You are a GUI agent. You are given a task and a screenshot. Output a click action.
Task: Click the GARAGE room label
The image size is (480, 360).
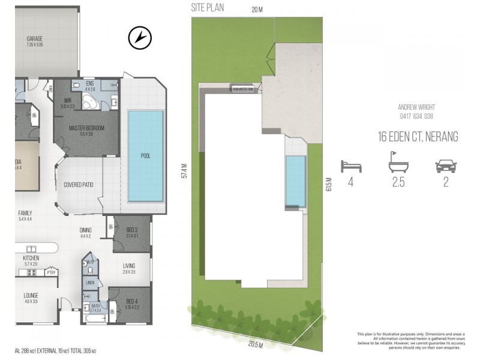point(34,39)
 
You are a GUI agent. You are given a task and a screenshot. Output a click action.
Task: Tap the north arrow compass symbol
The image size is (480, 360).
point(138,38)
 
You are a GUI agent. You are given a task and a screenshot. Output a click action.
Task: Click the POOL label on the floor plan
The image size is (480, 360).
point(145,155)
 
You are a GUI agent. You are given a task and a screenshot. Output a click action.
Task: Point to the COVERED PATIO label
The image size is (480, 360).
point(79,185)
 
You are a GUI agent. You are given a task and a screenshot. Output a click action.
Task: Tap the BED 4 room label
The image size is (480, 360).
point(133,301)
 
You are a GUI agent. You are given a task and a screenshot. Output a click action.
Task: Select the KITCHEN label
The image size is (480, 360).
point(31,258)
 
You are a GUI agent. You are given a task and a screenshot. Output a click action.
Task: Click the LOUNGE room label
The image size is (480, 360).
point(31,295)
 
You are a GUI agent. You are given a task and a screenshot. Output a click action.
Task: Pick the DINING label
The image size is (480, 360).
point(86,229)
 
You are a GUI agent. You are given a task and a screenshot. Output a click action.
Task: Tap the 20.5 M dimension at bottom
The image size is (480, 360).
point(255,346)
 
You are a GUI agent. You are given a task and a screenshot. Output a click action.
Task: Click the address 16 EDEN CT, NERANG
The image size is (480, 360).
point(418,137)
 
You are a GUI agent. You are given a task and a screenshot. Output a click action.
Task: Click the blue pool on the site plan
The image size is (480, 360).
point(295,180)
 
